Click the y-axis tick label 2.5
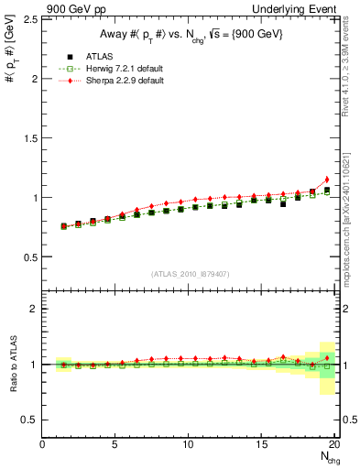(27, 19)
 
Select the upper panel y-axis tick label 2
(32, 79)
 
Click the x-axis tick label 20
(333, 443)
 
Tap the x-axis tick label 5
(115, 443)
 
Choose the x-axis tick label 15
(262, 443)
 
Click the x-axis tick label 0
(43, 443)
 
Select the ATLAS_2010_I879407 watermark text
(190, 273)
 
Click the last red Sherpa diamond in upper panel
(327, 180)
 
